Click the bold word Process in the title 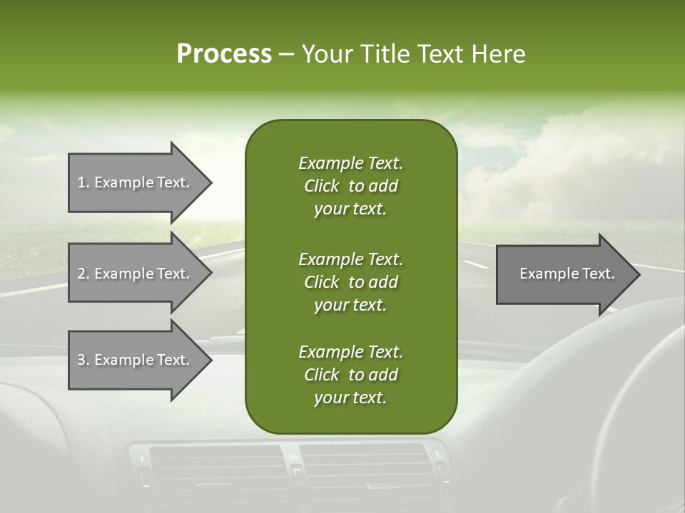tap(224, 54)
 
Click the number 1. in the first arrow tap(83, 182)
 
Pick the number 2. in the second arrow tap(83, 274)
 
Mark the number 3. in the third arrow tap(83, 360)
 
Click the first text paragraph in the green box tap(350, 186)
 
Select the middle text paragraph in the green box tap(350, 281)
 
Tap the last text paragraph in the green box tap(350, 375)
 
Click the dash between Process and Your tap(287, 55)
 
